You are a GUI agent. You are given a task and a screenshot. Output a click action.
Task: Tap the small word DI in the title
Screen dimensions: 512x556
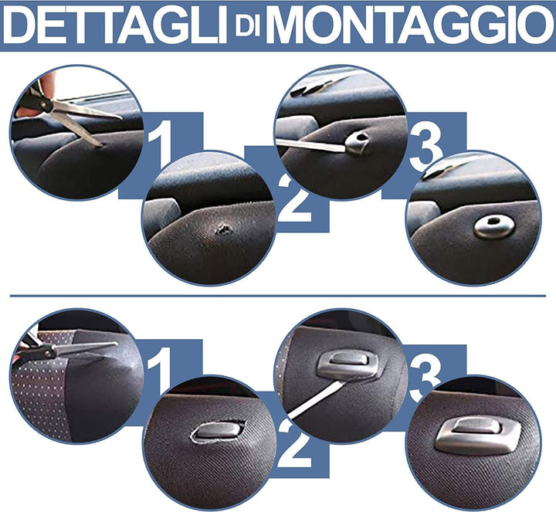pyautogui.click(x=250, y=29)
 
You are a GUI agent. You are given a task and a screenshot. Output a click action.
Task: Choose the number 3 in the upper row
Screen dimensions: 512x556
pyautogui.click(x=426, y=146)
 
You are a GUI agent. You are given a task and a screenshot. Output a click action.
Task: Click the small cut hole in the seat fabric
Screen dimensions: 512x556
pyautogui.click(x=225, y=229)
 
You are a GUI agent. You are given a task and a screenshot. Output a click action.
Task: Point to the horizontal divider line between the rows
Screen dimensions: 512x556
pyautogui.click(x=278, y=295)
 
